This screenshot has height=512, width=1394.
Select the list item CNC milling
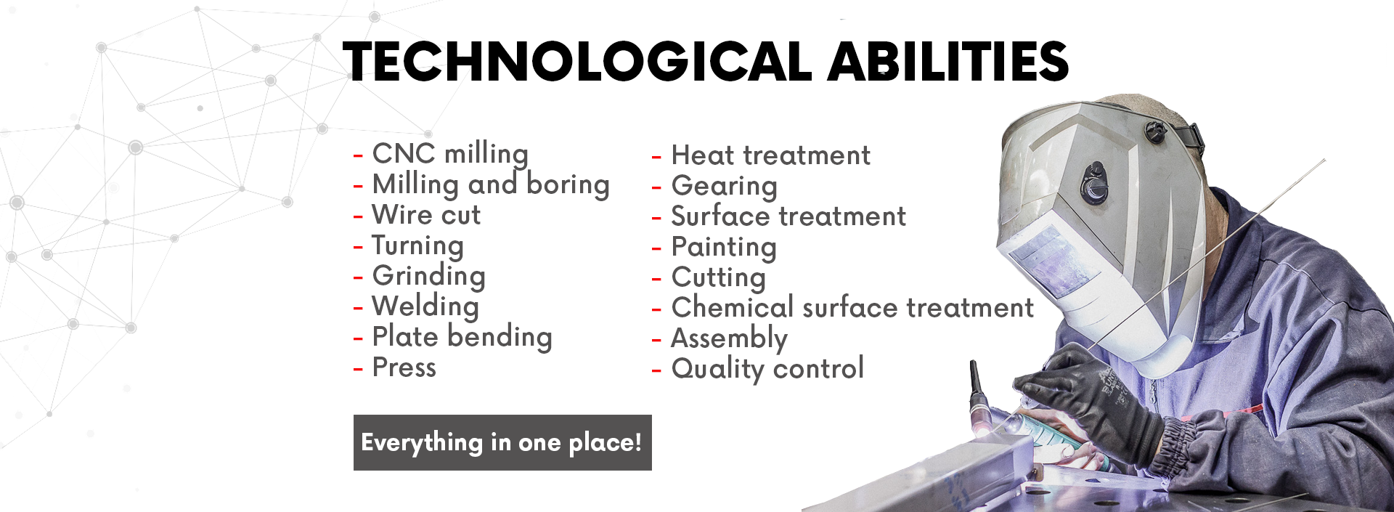point(450,154)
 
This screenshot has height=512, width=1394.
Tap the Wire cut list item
point(426,215)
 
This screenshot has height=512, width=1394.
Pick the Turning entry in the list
point(417,246)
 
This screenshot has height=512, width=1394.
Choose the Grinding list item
point(428,277)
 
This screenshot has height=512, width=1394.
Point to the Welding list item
point(425,307)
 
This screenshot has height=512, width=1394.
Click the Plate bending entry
point(462,338)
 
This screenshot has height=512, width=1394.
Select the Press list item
point(404,367)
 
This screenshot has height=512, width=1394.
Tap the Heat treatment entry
point(770,155)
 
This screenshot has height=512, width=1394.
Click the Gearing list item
point(724,187)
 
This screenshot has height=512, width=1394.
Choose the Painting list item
point(724,248)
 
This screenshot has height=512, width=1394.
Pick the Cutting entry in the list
point(718,278)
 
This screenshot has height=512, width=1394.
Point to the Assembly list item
point(729,339)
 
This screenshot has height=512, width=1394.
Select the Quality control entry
point(767,369)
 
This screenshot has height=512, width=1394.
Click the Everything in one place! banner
point(502,442)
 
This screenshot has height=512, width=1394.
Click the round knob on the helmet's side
point(1093,182)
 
